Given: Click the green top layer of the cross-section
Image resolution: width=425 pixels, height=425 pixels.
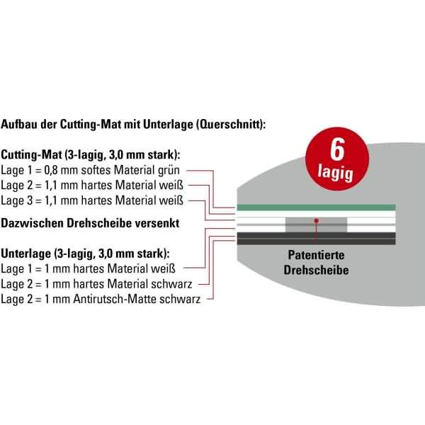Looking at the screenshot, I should [315, 207].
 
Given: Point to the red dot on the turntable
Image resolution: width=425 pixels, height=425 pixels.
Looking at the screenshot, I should [317, 222].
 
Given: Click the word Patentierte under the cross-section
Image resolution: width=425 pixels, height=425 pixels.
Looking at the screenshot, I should [316, 256].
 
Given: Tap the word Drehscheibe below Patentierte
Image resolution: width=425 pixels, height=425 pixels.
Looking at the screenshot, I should [316, 270].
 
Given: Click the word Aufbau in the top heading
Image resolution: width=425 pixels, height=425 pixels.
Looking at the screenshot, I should [20, 125].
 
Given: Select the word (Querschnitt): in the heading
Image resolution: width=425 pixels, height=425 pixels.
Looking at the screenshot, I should [231, 125].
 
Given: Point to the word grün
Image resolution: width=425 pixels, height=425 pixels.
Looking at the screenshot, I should [173, 170].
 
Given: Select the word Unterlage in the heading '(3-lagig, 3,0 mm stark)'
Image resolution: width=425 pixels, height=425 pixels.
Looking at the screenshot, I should [27, 253].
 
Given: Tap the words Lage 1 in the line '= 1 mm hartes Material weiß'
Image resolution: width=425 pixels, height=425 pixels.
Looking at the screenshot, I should [17, 268].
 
